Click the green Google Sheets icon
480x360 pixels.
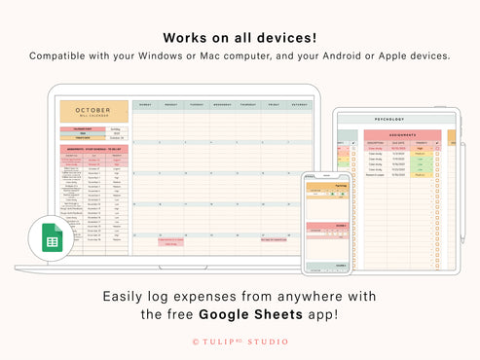(52, 240)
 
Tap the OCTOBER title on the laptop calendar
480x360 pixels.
(93, 110)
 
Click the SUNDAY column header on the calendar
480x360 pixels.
(145, 104)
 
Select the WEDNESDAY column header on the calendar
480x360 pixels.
(222, 104)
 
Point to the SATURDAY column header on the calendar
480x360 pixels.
(298, 104)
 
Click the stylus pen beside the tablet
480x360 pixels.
(462, 185)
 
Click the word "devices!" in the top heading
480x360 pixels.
(288, 37)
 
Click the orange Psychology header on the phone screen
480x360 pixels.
(327, 184)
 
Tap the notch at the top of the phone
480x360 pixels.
(327, 175)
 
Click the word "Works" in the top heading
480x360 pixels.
(185, 37)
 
